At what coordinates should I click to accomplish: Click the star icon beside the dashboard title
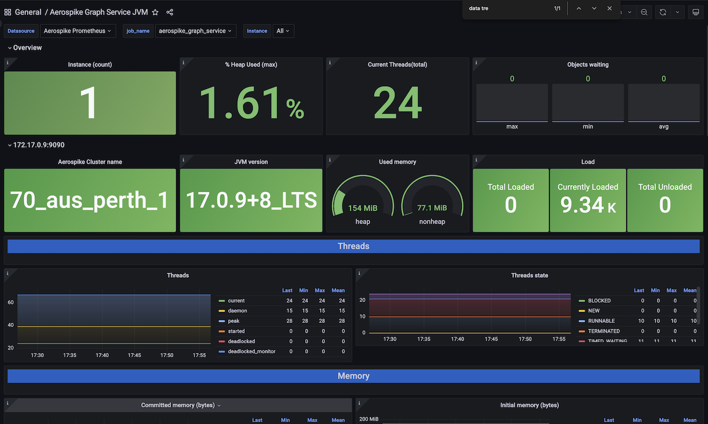point(155,12)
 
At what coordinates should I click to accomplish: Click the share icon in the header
point(170,12)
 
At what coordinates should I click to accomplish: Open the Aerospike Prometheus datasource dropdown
point(77,31)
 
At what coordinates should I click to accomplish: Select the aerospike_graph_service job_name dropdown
point(195,31)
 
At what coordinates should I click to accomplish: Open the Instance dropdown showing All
point(283,31)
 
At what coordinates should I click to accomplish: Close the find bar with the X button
point(610,8)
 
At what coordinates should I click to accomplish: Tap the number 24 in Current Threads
point(398,103)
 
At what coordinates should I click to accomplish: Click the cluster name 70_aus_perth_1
point(90,200)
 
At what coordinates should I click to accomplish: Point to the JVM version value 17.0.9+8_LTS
point(251,200)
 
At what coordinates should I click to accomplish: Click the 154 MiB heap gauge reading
point(363,208)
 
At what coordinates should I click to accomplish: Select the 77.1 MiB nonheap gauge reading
point(432,208)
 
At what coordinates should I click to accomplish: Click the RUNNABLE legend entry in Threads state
point(601,321)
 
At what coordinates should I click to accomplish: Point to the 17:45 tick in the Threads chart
point(134,355)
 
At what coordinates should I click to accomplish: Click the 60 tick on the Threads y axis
point(11,302)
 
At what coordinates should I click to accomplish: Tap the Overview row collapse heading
point(27,48)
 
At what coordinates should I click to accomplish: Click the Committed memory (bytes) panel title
point(178,405)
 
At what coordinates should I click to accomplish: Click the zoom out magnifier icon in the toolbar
point(644,12)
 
